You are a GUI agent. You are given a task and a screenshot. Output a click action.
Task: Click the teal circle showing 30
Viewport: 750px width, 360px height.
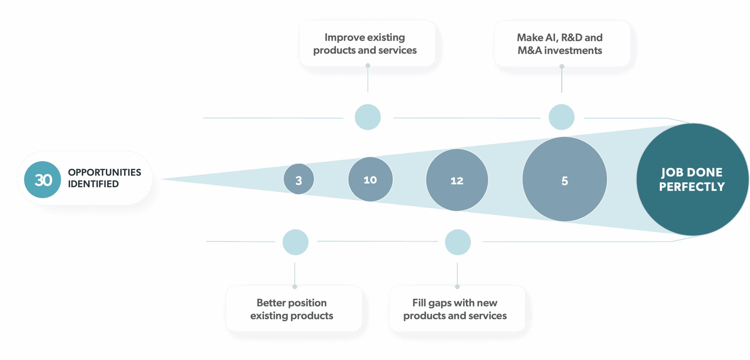click(x=42, y=180)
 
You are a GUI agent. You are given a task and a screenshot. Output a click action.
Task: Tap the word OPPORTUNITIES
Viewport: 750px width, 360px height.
click(x=104, y=172)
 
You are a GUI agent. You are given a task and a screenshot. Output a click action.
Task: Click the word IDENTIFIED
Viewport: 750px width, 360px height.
click(x=93, y=184)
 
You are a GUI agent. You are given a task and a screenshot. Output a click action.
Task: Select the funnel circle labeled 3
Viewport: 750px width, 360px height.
click(x=299, y=179)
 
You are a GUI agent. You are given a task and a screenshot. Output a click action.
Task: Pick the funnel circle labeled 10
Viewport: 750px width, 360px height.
click(x=370, y=179)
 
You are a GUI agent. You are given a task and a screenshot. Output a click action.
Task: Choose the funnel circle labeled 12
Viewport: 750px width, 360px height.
click(x=457, y=180)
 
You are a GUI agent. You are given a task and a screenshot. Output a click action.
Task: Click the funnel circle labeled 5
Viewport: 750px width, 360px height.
click(x=565, y=179)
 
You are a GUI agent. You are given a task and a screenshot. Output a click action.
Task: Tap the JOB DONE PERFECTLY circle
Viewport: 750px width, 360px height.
click(x=692, y=179)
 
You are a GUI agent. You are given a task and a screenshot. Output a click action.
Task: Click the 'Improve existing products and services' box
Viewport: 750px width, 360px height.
click(x=367, y=43)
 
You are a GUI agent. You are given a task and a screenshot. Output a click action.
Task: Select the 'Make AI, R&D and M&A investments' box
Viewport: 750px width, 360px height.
click(x=562, y=43)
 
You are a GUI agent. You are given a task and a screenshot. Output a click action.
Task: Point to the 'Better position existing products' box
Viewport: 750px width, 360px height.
click(x=294, y=309)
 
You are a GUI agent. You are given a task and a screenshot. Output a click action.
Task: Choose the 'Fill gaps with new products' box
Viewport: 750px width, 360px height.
click(x=457, y=309)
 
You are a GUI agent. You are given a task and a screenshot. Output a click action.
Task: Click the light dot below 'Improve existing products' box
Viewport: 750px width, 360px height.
click(x=368, y=117)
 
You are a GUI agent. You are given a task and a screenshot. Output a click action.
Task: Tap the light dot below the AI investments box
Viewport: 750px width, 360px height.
click(x=561, y=117)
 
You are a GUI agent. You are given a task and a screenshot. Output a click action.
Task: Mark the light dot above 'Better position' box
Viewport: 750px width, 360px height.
click(x=295, y=242)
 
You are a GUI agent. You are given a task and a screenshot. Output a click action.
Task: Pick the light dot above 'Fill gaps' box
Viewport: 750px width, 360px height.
click(x=458, y=242)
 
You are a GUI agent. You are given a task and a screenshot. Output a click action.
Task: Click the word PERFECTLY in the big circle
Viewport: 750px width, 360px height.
click(x=692, y=187)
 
